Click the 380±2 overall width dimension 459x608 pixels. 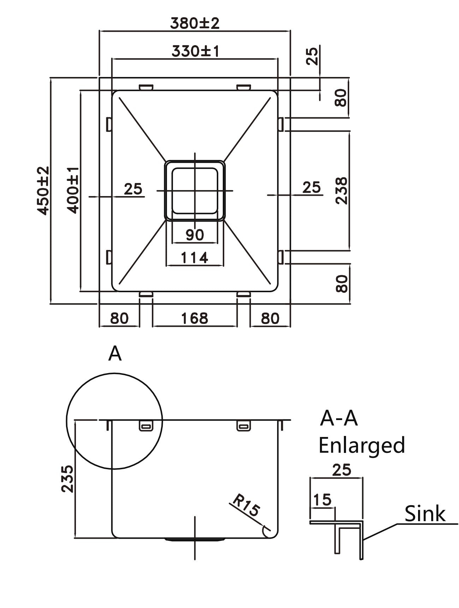195,23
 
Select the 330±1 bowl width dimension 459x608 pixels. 195,52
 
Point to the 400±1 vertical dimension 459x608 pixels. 73,190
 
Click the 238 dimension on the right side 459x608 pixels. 341,190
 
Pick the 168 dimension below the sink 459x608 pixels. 195,318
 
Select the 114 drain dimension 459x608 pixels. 195,258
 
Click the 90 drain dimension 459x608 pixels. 195,235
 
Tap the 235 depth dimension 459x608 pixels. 67,479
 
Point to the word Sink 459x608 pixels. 424,513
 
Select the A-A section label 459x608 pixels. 339,418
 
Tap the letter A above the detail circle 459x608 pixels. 115,354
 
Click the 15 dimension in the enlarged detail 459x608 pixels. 322,500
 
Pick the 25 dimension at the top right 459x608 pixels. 312,56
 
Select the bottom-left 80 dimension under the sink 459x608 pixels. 119,318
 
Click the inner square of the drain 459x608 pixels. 194,191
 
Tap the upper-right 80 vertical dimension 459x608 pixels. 341,98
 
